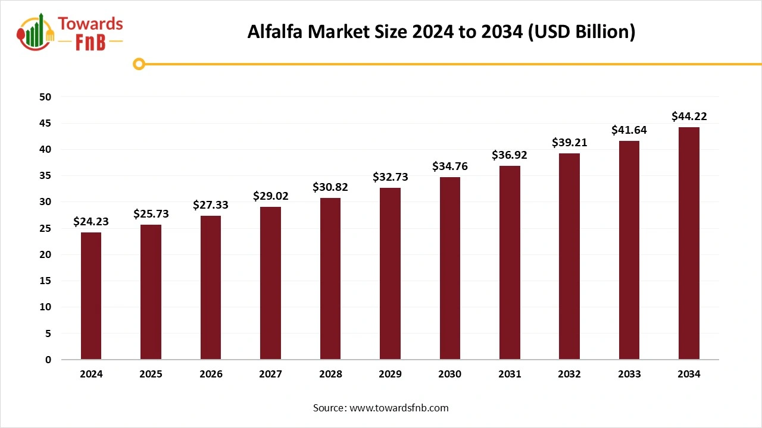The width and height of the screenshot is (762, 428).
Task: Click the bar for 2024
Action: click(x=91, y=295)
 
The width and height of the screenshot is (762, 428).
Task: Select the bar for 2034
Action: click(x=689, y=243)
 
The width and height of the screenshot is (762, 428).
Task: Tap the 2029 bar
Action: click(x=390, y=273)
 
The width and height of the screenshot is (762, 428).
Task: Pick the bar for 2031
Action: click(x=510, y=262)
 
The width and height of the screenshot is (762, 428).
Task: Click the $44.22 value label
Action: click(x=689, y=117)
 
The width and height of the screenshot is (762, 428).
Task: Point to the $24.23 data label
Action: click(x=91, y=222)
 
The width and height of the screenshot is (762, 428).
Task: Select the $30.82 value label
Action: click(x=330, y=187)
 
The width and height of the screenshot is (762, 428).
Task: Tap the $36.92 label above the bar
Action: click(x=510, y=155)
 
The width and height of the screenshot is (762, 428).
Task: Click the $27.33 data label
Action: click(x=211, y=205)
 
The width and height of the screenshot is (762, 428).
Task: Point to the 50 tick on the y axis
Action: click(x=46, y=97)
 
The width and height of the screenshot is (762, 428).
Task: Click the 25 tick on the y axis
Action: click(x=46, y=228)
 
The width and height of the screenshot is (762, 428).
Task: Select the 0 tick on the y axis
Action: click(x=48, y=360)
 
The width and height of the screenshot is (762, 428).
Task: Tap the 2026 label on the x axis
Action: click(x=211, y=374)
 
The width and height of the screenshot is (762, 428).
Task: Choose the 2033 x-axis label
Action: click(x=629, y=374)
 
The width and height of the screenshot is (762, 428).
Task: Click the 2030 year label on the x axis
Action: click(x=449, y=374)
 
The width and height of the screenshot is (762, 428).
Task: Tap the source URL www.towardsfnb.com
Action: click(x=398, y=408)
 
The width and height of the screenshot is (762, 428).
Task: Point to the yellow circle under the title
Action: click(x=139, y=64)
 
